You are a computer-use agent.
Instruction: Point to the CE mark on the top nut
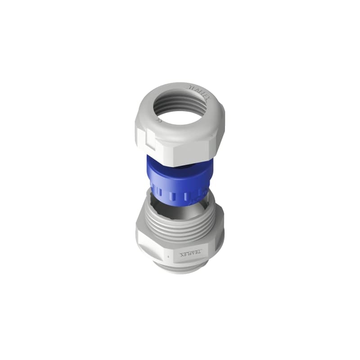158,120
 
